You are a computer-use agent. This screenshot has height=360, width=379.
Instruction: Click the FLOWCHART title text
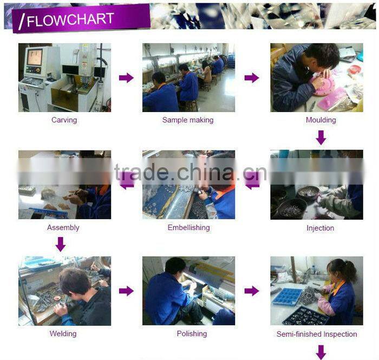[70, 19]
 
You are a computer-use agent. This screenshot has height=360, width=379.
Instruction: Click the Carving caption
[64, 120]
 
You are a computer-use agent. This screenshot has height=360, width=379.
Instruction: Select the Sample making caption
[188, 120]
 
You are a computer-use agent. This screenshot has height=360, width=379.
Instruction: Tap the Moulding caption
[321, 120]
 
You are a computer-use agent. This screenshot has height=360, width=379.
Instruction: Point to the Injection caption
[321, 228]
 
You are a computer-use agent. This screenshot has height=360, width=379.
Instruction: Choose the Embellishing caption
[189, 227]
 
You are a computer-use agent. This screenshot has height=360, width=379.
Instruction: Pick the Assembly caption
[63, 227]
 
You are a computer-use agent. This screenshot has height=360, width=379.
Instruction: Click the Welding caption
[63, 333]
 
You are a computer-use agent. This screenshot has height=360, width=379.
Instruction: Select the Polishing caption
[192, 333]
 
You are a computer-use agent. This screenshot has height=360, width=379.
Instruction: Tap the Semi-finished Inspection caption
[317, 334]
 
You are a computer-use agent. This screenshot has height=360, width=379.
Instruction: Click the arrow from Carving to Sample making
[126, 78]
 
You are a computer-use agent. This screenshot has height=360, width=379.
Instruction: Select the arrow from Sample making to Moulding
[252, 78]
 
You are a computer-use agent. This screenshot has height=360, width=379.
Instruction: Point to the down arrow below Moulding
[321, 138]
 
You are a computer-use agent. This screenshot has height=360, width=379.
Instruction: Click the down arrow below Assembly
[61, 244]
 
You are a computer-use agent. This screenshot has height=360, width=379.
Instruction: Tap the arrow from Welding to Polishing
[126, 291]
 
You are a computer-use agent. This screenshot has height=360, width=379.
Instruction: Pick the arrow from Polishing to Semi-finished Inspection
[252, 291]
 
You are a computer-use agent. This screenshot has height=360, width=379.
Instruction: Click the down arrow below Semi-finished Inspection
[321, 352]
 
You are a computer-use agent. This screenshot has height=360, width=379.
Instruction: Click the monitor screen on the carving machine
[35, 57]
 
